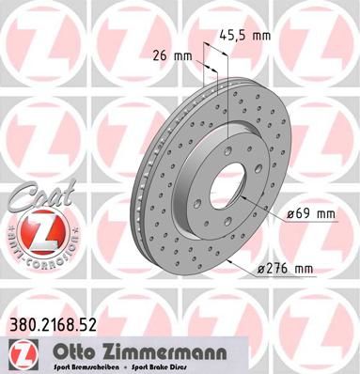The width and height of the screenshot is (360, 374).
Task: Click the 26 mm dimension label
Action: coord(177,55)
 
